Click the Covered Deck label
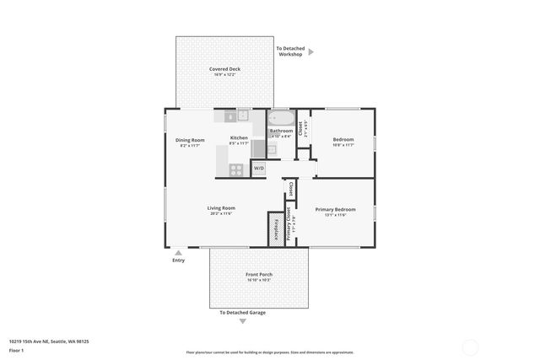pyautogui.click(x=224, y=69)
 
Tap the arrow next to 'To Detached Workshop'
pyautogui.click(x=310, y=52)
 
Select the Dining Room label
pyautogui.click(x=190, y=140)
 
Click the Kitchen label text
pyautogui.click(x=239, y=137)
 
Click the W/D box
pyautogui.click(x=258, y=168)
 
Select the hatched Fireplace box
pyautogui.click(x=274, y=228)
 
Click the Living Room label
pyautogui.click(x=221, y=207)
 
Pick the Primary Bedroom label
pyautogui.click(x=335, y=209)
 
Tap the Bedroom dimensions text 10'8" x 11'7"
pyautogui.click(x=343, y=145)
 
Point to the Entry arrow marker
pyautogui.click(x=178, y=251)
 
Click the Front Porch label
pyautogui.click(x=259, y=275)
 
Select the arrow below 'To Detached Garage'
pyautogui.click(x=243, y=321)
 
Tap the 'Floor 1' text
pyautogui.click(x=16, y=350)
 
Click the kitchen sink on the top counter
pyautogui.click(x=242, y=116)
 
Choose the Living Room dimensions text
pyautogui.click(x=221, y=213)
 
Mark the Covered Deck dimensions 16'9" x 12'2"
pyautogui.click(x=224, y=75)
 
